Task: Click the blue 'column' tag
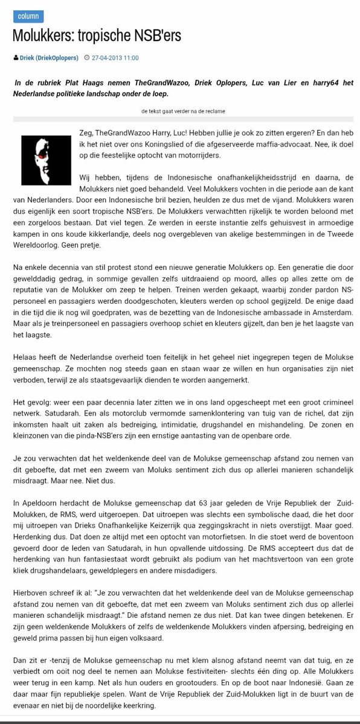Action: point(28,16)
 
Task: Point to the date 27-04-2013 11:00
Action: point(115,57)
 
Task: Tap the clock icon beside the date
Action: point(88,57)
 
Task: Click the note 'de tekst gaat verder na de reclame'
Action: point(179,112)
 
